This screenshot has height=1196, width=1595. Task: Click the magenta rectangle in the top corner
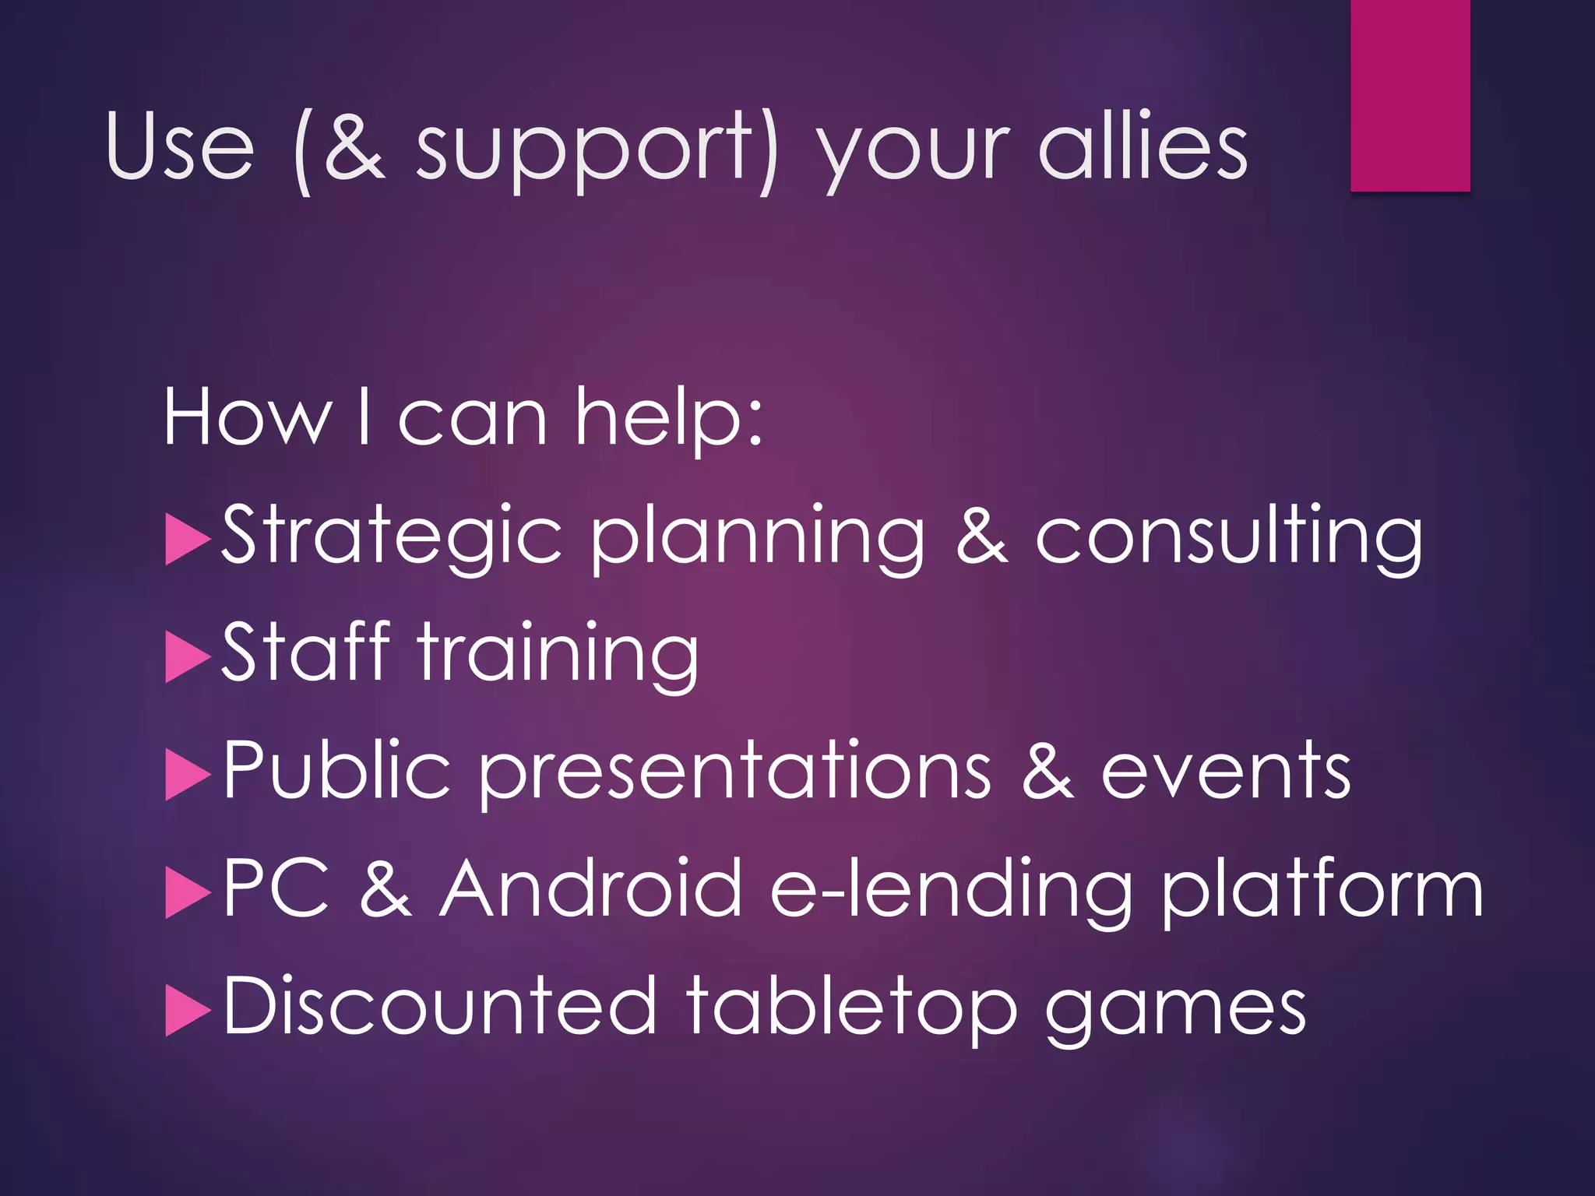coord(1410,95)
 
